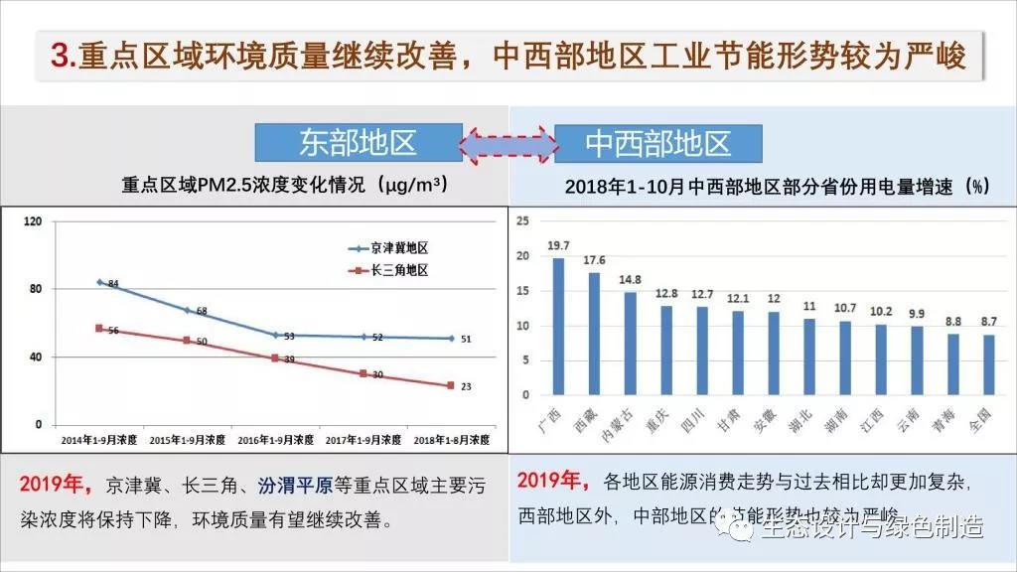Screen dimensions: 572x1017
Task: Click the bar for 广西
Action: [558, 328]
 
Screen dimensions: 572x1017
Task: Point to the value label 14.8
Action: [630, 280]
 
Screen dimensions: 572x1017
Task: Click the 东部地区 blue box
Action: [358, 143]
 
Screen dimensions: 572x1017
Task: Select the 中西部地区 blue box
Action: [657, 143]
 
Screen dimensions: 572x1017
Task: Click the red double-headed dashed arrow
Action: [508, 143]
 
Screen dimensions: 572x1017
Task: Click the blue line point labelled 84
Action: [99, 282]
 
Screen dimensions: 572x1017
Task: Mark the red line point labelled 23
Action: [450, 385]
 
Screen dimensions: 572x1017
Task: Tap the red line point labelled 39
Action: [275, 357]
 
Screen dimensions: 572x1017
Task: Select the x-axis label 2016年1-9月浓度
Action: [276, 438]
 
